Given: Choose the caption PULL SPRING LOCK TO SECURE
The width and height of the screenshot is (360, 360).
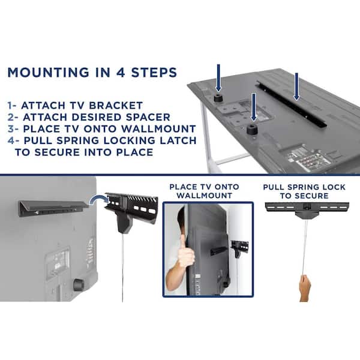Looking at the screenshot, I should [304, 191].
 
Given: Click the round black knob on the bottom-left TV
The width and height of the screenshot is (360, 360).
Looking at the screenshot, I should [79, 284].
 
